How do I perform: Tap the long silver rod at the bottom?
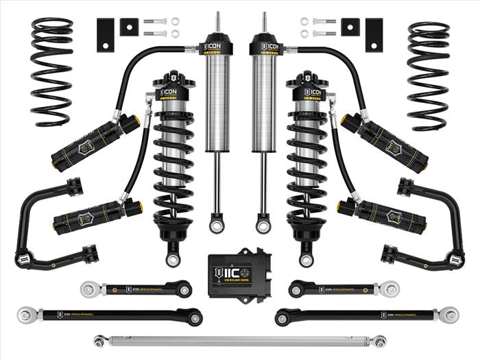[240, 341]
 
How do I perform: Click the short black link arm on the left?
[137, 289]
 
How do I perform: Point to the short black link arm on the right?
[343, 289]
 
